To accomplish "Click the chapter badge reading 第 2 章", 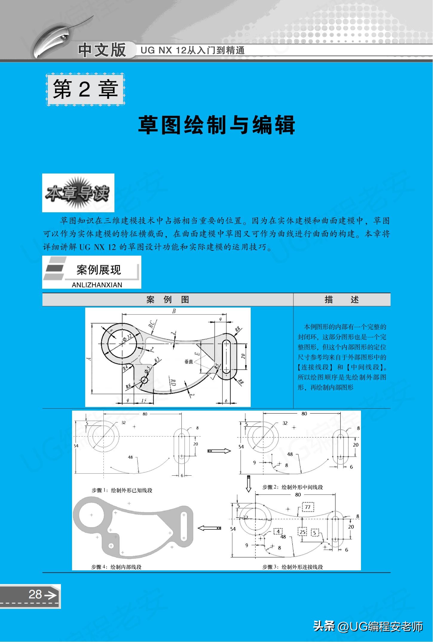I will (85, 89).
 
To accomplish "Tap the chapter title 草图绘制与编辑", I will (216, 125).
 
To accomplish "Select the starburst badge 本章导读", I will (78, 193).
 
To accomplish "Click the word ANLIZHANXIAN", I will (97, 285).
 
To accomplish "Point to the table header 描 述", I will (342, 300).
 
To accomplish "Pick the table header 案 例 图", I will (168, 300).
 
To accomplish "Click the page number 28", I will (35, 595).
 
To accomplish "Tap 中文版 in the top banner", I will (102, 50).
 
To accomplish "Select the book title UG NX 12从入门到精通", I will (192, 50).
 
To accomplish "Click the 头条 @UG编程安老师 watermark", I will (368, 626).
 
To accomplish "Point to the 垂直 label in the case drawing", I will (189, 362).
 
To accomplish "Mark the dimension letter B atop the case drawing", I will (174, 311).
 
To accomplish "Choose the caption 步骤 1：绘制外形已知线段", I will (122, 490).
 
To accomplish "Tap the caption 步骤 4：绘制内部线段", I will (116, 567).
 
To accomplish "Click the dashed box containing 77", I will (307, 507).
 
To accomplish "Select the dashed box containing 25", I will (303, 532).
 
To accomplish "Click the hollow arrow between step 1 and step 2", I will (219, 451).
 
